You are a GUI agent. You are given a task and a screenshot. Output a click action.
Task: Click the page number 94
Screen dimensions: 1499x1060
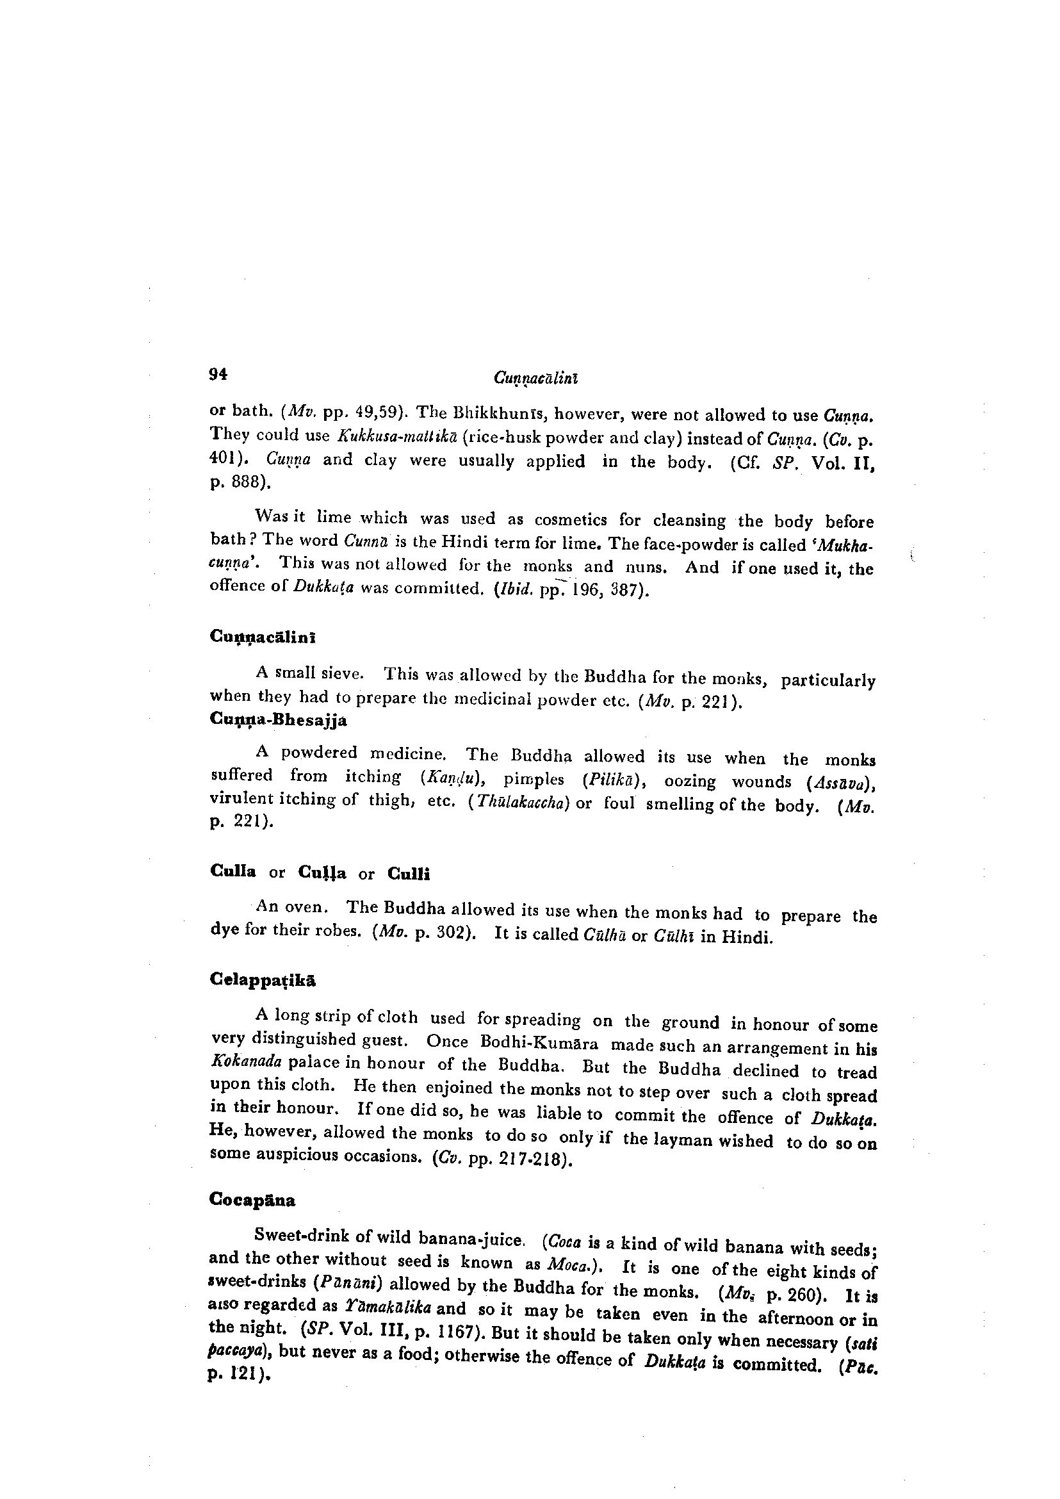pos(218,374)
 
